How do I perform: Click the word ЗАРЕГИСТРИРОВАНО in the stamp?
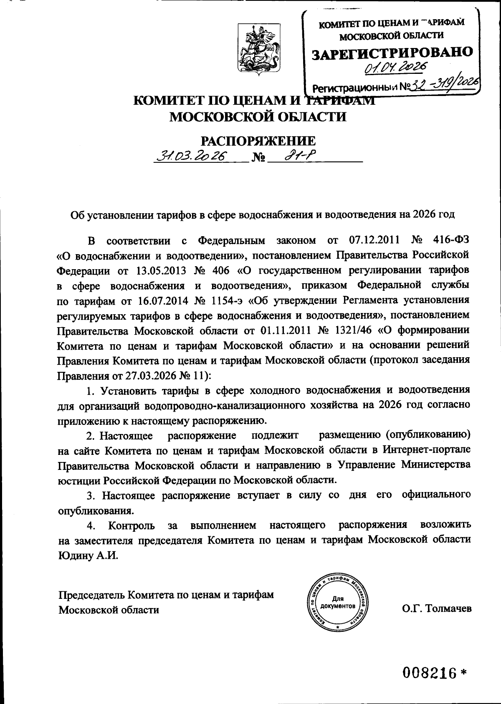tap(393, 52)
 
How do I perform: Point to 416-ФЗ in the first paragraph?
tap(449, 240)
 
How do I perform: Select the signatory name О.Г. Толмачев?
tap(437, 608)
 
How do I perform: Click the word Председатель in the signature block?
tap(92, 594)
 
